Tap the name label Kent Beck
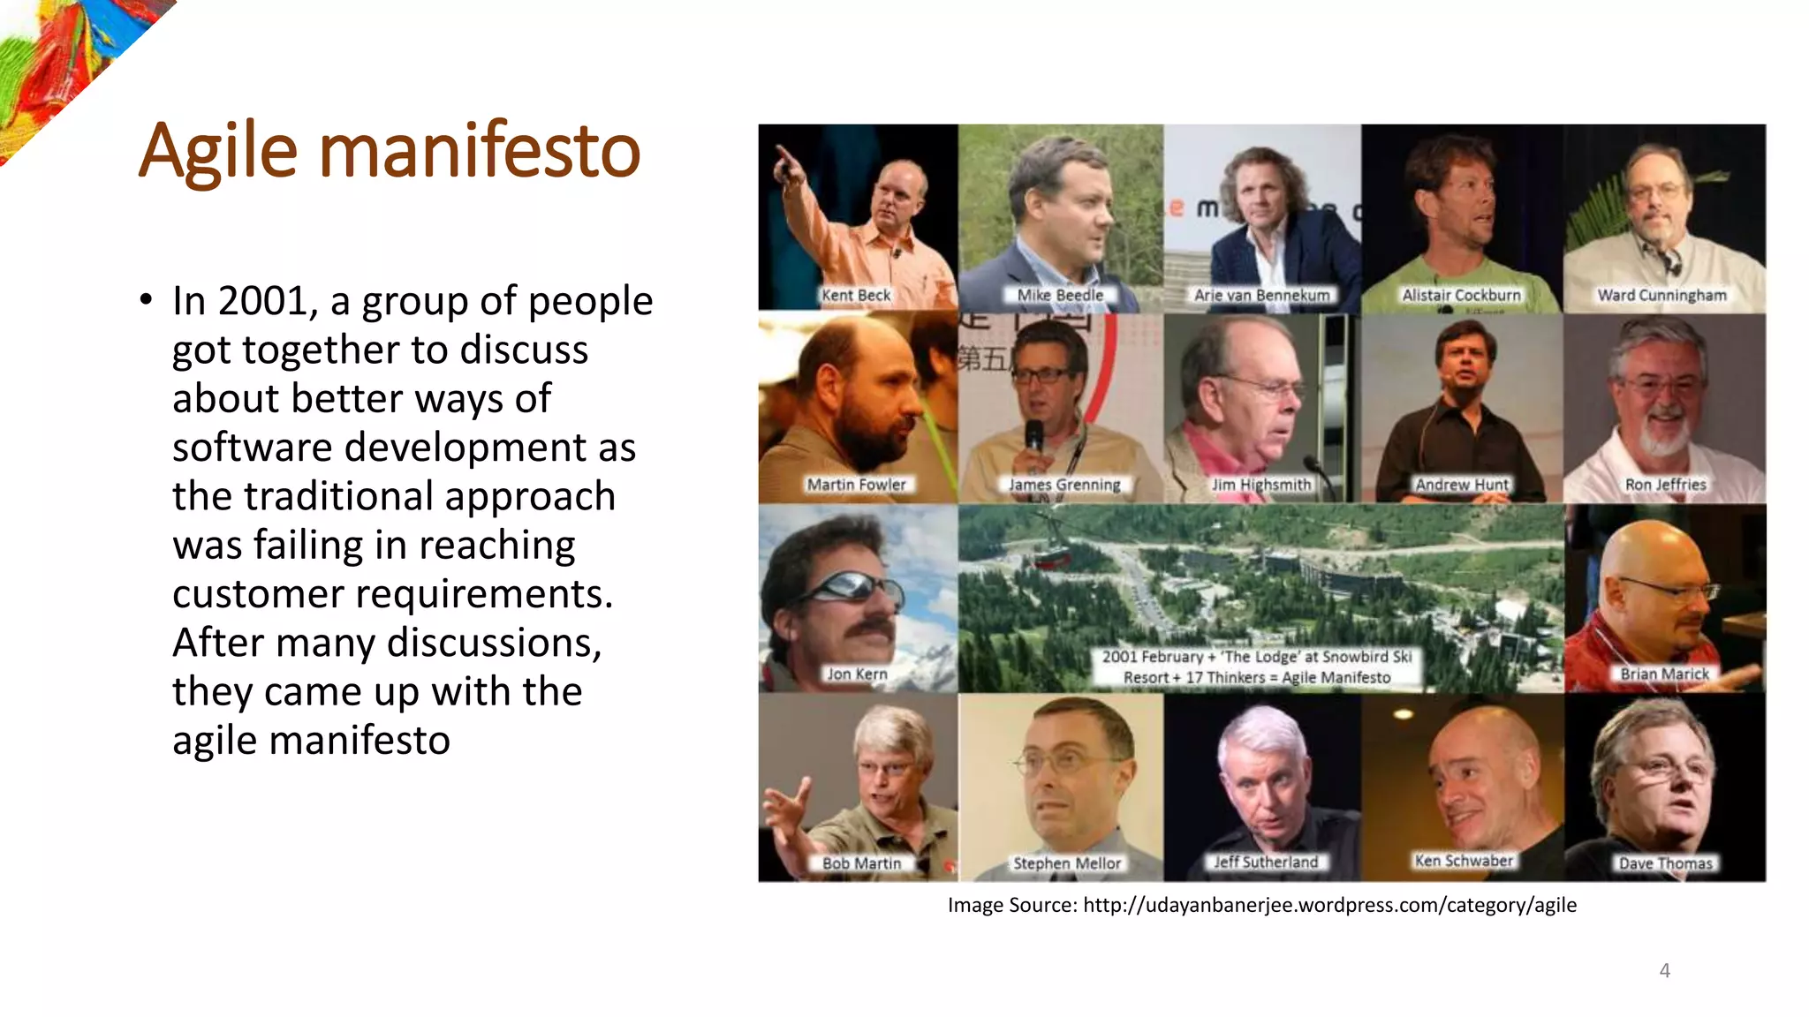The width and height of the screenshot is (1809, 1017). (x=856, y=295)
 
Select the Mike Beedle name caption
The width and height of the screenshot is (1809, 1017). (x=1060, y=295)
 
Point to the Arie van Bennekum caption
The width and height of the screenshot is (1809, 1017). (x=1261, y=295)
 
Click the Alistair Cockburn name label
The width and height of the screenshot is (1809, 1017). (x=1462, y=295)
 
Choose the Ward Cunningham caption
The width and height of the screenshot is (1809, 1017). (x=1661, y=295)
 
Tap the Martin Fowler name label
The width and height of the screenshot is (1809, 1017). (x=856, y=485)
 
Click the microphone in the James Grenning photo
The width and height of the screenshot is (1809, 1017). (x=1034, y=438)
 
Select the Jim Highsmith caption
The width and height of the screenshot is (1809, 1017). (x=1261, y=485)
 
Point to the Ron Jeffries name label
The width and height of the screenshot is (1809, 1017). (x=1666, y=485)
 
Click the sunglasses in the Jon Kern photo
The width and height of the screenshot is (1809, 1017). (x=852, y=587)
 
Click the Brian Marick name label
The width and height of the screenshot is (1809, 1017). (x=1665, y=674)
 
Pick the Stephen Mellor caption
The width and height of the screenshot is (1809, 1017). (x=1067, y=863)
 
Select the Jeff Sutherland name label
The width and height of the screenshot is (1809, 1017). (x=1266, y=862)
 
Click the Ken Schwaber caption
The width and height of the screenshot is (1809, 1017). (x=1464, y=861)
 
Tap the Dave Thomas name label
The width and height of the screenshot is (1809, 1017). (x=1665, y=863)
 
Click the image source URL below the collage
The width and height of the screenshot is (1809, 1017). (x=1329, y=905)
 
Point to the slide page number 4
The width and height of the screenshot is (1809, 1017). (x=1664, y=971)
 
